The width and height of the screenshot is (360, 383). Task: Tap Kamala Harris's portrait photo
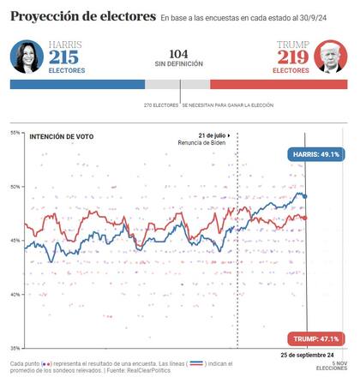point(27,58)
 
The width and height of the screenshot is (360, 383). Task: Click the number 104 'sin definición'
point(178,53)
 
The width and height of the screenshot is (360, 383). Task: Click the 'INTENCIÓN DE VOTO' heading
point(62,136)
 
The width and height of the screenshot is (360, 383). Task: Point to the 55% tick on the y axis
point(15,133)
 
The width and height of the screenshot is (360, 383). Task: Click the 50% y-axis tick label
point(15,187)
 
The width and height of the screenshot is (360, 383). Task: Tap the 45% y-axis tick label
point(15,241)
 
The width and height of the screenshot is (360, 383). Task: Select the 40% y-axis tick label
point(15,295)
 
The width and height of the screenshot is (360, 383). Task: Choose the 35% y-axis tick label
point(15,348)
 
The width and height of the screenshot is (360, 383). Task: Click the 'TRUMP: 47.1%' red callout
point(315,338)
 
